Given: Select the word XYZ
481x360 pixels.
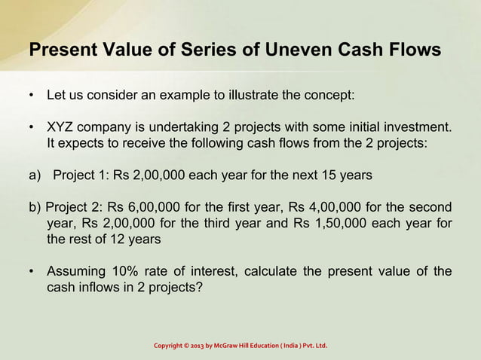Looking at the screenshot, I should (61, 126).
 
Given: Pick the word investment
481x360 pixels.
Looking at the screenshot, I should (419, 126).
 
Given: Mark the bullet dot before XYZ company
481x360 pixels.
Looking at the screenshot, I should (31, 126).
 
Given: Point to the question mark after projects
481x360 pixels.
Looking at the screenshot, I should (199, 286).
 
